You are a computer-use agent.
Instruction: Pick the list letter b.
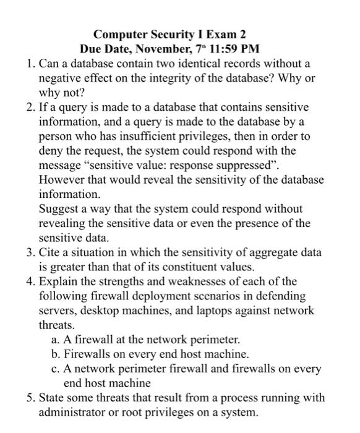[57, 355]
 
